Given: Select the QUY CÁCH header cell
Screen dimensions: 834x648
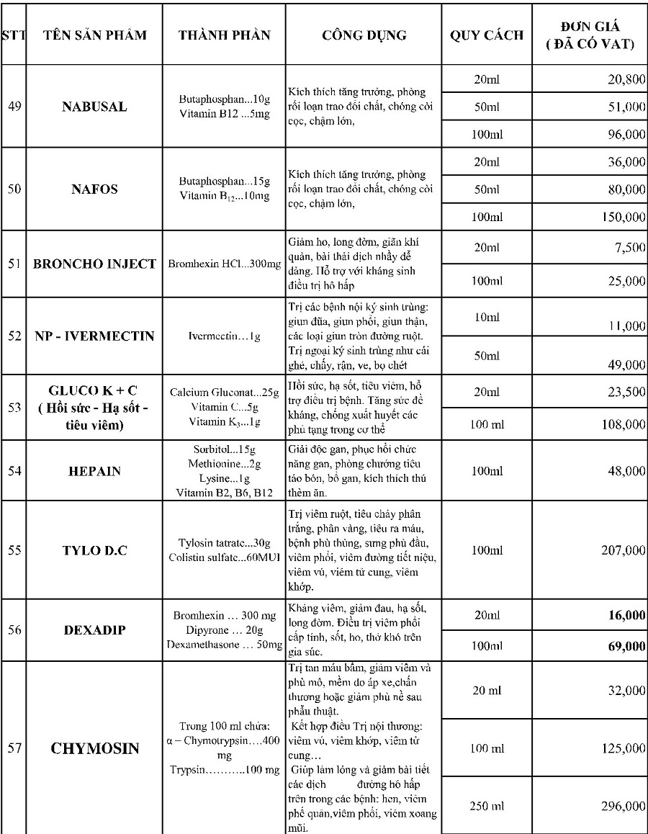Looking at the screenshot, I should coord(487,35).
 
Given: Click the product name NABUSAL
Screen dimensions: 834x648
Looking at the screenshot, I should coord(94,107).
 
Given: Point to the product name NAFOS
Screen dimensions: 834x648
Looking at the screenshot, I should coord(94,189).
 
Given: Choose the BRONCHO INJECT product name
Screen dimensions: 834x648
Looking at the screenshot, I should coord(94,264).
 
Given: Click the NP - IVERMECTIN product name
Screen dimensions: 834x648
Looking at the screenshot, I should coord(94,336).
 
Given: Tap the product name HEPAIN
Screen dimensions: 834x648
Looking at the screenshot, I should coord(94,471).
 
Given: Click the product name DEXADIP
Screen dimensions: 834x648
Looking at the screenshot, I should coord(94,629).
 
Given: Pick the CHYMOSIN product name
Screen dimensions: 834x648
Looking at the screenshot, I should coord(94,748).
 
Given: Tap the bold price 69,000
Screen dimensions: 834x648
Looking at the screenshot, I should coord(626,646).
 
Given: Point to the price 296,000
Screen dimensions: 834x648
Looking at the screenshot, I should coord(623,805).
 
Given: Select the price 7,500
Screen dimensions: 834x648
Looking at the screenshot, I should coord(630,248).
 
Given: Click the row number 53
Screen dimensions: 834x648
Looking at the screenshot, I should coord(14,407).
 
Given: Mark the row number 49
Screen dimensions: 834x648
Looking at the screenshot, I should coord(14,107).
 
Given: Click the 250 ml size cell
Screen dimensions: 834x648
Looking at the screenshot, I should coord(485,805).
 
